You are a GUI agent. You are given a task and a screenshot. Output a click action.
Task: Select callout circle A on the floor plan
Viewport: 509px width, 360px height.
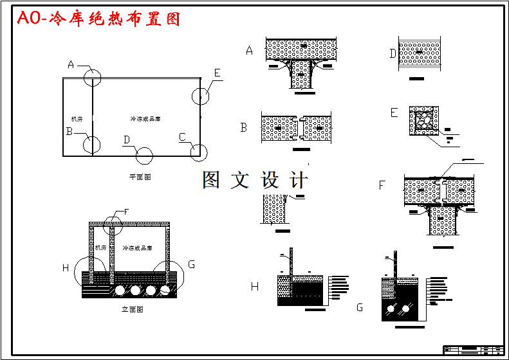93,78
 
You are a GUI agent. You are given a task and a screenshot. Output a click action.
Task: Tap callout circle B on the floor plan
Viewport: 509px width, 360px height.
91,145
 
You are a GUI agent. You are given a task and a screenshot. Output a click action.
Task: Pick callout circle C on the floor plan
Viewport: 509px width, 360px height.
199,152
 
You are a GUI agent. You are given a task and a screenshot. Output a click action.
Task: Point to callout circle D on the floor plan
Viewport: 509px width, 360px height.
144,155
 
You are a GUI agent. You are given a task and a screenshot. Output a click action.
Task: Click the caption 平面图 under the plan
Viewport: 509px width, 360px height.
140,175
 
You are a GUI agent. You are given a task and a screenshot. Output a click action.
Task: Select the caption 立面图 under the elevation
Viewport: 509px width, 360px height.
132,309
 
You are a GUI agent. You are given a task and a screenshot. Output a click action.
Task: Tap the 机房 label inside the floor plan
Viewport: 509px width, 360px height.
77,119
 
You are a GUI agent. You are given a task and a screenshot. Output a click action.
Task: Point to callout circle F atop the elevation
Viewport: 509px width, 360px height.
113,222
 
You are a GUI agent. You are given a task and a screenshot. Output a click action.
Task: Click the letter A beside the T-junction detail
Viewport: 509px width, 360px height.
250,51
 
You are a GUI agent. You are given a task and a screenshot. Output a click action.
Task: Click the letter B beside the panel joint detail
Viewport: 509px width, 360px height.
244,127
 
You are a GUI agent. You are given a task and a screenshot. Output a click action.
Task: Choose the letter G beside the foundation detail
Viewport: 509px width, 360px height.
359,308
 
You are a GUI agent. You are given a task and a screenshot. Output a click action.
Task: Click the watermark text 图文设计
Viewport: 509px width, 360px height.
255,180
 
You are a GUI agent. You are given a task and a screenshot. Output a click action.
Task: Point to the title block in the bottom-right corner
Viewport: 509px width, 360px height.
474,350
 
